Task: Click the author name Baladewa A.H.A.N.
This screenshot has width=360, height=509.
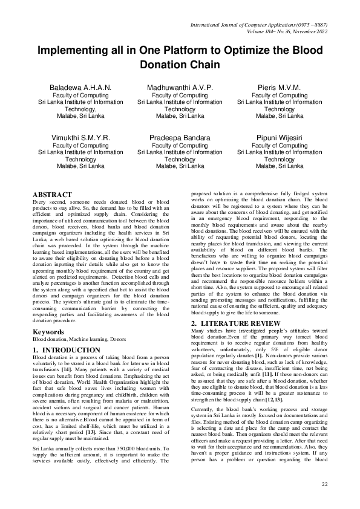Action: pos(80,88)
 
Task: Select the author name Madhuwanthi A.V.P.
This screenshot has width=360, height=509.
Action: pos(180,88)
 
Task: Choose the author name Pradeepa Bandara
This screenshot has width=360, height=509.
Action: pos(180,138)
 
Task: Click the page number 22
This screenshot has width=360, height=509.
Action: pos(324,484)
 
